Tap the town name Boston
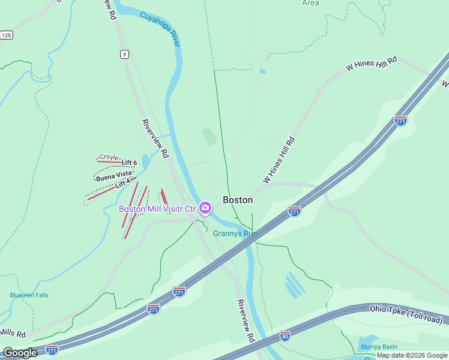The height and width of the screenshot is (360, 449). click(x=238, y=200)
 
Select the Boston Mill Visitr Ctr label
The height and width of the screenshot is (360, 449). click(x=157, y=209)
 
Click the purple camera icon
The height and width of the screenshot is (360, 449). click(x=205, y=208)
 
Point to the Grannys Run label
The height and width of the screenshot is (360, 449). click(x=235, y=233)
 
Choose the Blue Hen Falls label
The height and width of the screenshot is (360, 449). click(x=29, y=295)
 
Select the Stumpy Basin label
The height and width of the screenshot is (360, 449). click(x=378, y=347)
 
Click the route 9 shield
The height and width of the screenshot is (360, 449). click(x=124, y=54)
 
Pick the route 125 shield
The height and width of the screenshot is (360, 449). click(x=6, y=35)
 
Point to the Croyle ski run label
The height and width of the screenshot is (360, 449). click(x=109, y=157)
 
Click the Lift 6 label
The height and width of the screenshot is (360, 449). click(x=129, y=163)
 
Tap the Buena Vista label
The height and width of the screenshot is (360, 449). click(x=113, y=176)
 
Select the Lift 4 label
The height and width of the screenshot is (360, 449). click(x=122, y=185)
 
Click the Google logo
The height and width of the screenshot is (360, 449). click(x=19, y=353)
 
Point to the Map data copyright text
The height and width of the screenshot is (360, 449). click(x=411, y=355)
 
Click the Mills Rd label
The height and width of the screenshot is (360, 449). click(x=13, y=334)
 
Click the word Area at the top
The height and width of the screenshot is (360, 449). click(x=310, y=3)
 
